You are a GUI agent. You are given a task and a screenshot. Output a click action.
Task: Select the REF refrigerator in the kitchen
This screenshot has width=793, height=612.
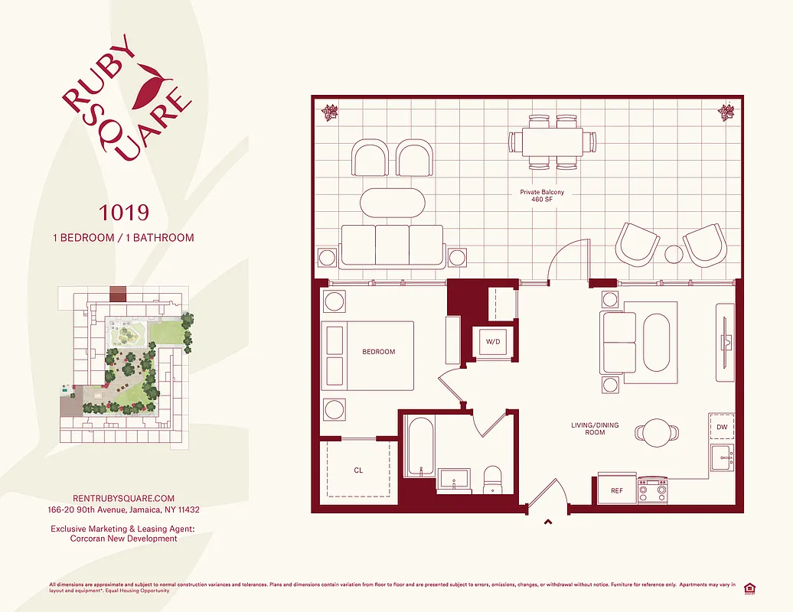coord(615,490)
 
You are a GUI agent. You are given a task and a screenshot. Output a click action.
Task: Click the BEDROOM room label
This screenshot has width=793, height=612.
coord(379,352)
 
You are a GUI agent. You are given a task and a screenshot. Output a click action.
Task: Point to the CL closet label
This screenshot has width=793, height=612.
coord(358,470)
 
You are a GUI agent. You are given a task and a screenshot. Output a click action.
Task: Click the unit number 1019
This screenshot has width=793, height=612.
coord(122,212)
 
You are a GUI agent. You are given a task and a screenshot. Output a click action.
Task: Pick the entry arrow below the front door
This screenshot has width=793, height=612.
coord(548,522)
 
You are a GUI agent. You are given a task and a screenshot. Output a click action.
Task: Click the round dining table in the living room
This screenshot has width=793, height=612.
coord(657,432)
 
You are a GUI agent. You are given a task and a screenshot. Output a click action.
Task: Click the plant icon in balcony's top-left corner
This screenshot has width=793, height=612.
coord(330,112)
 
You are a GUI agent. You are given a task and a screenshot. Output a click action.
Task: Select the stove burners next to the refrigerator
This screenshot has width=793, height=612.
coord(653,490)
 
